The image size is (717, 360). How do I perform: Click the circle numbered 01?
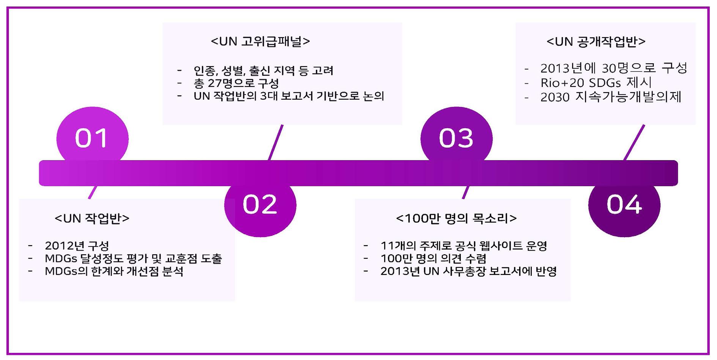(x=92, y=138)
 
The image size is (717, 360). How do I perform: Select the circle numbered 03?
(x=456, y=138)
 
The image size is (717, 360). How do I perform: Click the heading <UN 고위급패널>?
(x=260, y=41)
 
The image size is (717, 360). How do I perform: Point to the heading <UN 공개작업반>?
(x=596, y=41)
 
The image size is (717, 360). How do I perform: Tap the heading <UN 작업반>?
(x=92, y=219)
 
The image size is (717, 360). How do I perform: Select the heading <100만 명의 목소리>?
(x=456, y=219)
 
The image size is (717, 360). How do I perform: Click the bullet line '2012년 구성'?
(x=77, y=246)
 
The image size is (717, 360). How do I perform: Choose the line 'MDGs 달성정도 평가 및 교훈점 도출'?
(x=133, y=259)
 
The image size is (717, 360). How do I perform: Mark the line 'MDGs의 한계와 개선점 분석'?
(x=114, y=272)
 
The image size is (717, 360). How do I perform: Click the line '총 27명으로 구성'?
(x=236, y=83)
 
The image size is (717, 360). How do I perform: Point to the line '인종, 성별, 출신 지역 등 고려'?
(x=263, y=71)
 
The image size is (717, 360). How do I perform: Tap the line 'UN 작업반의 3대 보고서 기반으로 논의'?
(x=289, y=96)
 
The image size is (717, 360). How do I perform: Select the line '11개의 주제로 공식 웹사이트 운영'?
(x=464, y=246)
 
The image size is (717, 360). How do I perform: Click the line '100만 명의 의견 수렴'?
(x=433, y=259)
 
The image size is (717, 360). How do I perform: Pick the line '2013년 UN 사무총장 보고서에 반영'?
(x=468, y=272)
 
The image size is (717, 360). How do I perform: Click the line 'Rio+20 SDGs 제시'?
(x=596, y=83)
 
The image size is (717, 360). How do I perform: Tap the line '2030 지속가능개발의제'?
(x=611, y=97)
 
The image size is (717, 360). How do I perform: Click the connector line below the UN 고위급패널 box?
(x=276, y=142)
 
